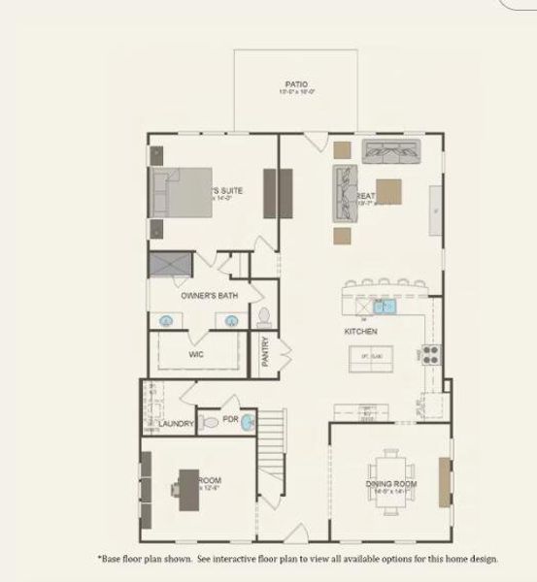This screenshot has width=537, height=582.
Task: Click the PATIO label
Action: point(296,84)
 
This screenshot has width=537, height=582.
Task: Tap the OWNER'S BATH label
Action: point(210,294)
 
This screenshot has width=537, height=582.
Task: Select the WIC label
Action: point(195,354)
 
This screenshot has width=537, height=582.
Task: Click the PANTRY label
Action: point(266,351)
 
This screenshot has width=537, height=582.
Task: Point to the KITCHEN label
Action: point(361,331)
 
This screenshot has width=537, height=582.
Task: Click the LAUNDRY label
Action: point(176,424)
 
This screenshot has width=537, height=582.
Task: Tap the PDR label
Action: point(230,421)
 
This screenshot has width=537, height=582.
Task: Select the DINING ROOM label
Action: point(391,483)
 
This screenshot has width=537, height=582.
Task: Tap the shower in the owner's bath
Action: point(170,263)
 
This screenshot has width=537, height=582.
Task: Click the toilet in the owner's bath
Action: point(263,315)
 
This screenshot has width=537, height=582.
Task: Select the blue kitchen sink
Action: point(383,307)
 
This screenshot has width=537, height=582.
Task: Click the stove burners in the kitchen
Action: point(430,354)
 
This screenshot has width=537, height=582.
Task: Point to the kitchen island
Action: point(370,359)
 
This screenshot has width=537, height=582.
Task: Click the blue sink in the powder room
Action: point(247,422)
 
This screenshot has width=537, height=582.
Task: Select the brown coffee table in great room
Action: point(389,189)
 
